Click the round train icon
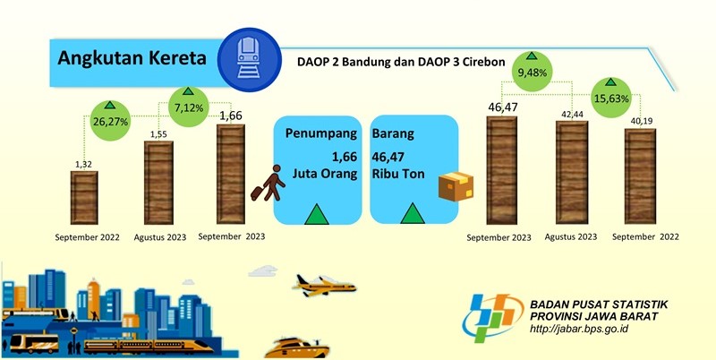tap(250, 60)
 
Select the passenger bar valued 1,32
tap(84, 198)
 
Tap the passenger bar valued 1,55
tap(159, 183)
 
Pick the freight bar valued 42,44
tap(572, 173)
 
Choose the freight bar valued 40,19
tap(640, 176)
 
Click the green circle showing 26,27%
tap(109, 120)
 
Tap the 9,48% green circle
tap(532, 72)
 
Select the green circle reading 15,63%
tap(610, 98)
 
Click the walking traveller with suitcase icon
tap(268, 182)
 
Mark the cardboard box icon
tap(456, 186)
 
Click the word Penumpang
tap(321, 133)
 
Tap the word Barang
tap(393, 133)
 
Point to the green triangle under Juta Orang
tap(317, 214)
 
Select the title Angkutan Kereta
tap(132, 58)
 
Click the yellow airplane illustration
tap(324, 284)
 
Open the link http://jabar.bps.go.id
tap(579, 329)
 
